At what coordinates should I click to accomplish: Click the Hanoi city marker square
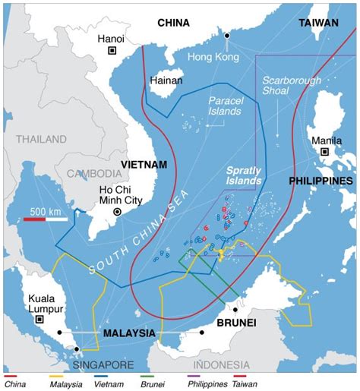coord(112,51)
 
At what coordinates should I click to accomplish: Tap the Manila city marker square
coord(325,152)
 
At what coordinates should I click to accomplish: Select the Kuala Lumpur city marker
coord(39,320)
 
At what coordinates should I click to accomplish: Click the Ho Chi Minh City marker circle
coord(116,213)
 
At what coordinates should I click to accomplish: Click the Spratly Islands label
coord(244,177)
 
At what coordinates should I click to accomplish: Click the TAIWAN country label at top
coord(318,24)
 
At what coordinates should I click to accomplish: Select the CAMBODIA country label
coord(93,174)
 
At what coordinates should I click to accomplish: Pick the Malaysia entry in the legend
coord(69,384)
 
